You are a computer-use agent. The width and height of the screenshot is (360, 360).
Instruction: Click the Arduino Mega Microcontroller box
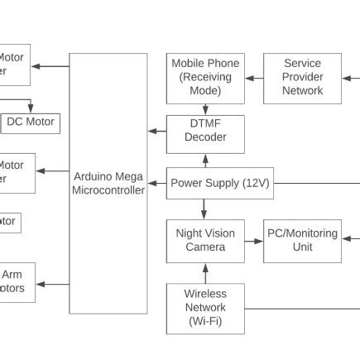coord(108,184)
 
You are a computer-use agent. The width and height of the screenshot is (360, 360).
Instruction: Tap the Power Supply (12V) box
coord(219,184)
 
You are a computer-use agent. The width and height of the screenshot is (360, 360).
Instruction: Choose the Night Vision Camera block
coord(205,241)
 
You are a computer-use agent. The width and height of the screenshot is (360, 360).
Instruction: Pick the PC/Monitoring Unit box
coord(302,241)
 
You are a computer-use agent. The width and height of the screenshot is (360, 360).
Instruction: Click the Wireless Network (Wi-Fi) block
coord(205,308)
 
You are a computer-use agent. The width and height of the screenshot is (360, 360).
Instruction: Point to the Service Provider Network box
coord(302,78)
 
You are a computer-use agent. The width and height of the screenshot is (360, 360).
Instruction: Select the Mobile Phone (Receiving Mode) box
coord(205,78)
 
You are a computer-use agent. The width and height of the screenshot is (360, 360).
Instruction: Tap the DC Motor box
coord(31,122)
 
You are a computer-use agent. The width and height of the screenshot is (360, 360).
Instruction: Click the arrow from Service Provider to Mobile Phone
coord(254,78)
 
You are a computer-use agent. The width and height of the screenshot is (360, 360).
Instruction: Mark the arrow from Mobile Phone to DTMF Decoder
coord(205,109)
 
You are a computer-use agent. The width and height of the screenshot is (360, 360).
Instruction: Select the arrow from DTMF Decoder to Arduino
coord(156,131)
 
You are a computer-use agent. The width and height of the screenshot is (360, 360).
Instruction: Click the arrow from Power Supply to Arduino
coord(156,184)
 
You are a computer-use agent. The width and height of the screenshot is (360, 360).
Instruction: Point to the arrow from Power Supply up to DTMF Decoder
coord(205,161)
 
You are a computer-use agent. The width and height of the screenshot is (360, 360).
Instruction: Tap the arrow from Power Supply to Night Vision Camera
coord(204,209)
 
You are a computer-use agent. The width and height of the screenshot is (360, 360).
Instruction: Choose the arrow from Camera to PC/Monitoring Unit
coord(254,246)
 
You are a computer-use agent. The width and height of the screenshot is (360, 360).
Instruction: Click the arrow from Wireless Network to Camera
coord(205,273)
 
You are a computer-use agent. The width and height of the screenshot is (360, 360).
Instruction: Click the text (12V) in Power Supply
coord(256,184)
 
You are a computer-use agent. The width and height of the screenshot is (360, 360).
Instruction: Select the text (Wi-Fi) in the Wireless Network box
coord(205,321)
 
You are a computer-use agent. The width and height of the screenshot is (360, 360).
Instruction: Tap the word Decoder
coord(205,137)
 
